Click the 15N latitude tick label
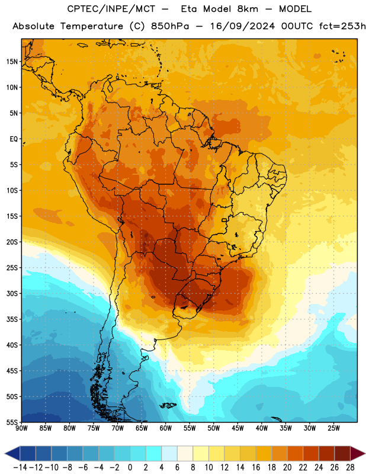[12, 62]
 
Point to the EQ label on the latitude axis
[14, 139]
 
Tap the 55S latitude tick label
[12, 422]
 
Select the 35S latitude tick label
[12, 319]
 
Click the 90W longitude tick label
[21, 428]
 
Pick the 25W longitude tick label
[333, 428]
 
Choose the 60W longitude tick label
[166, 428]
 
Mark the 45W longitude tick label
[237, 428]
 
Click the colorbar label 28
[350, 467]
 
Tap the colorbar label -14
[20, 467]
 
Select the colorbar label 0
[130, 467]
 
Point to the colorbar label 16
[256, 467]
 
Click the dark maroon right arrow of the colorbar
[357, 454]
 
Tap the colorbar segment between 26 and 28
[342, 454]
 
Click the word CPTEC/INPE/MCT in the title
[111, 9]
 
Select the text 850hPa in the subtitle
[170, 26]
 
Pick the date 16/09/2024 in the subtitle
[242, 26]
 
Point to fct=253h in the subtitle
[342, 26]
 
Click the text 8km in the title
[248, 9]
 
